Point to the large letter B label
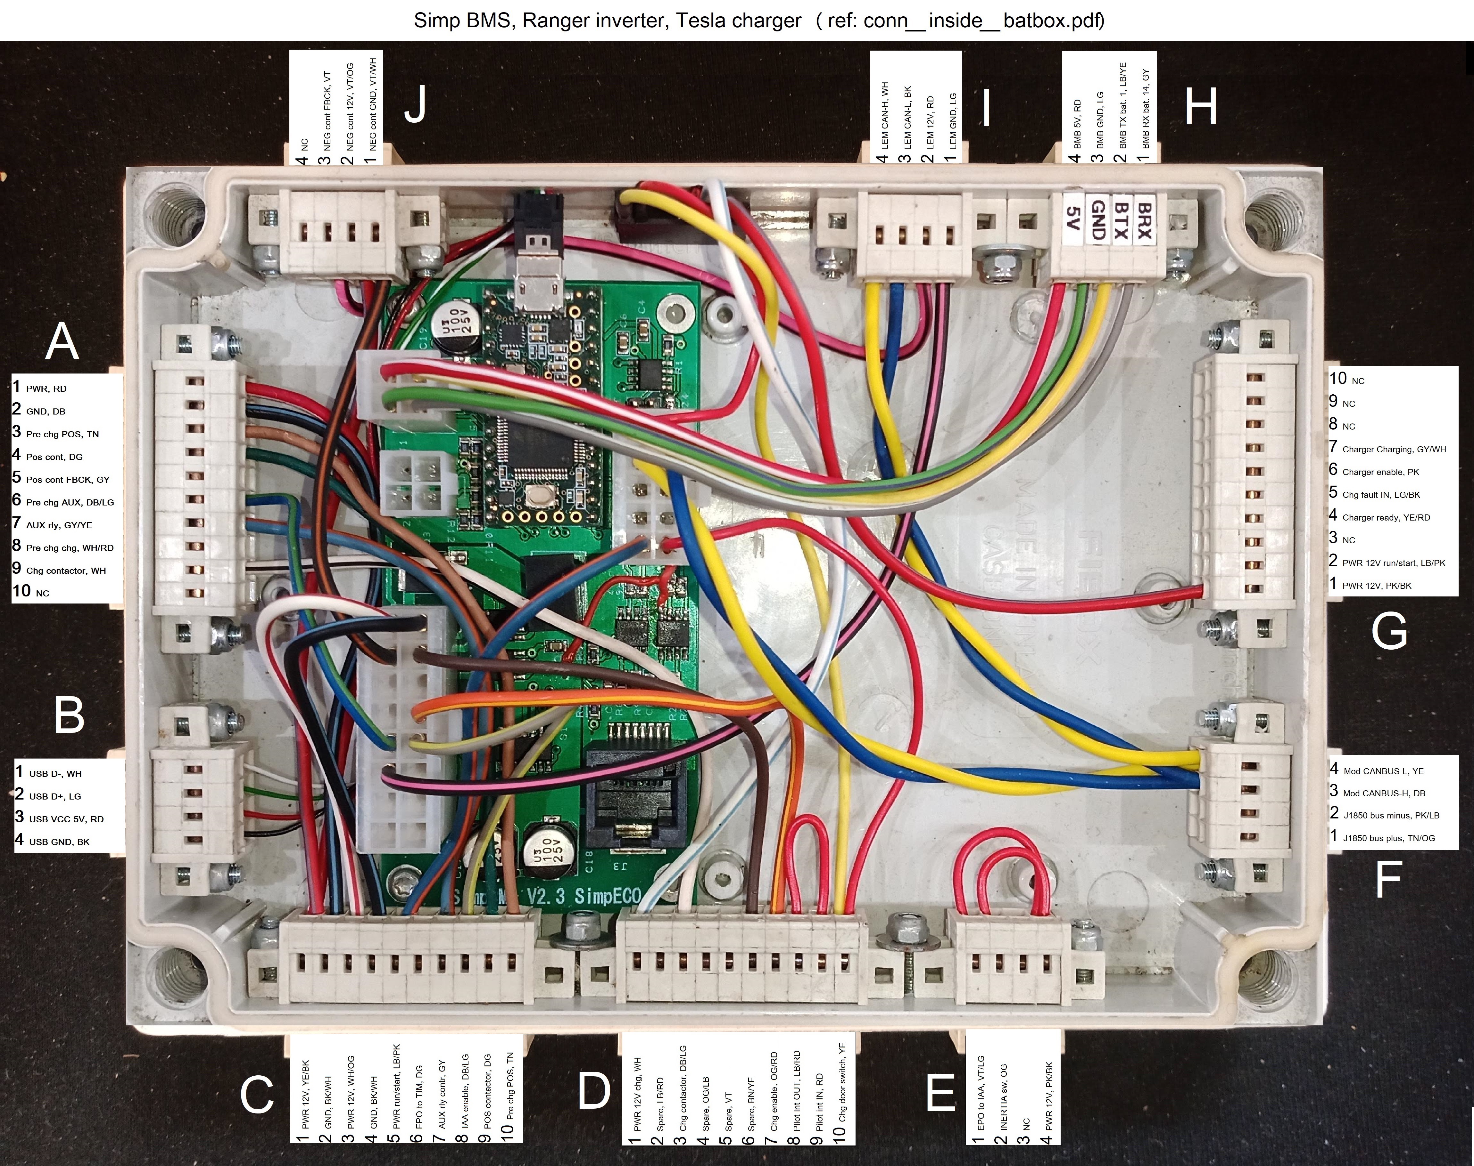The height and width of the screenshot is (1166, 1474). click(x=69, y=715)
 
